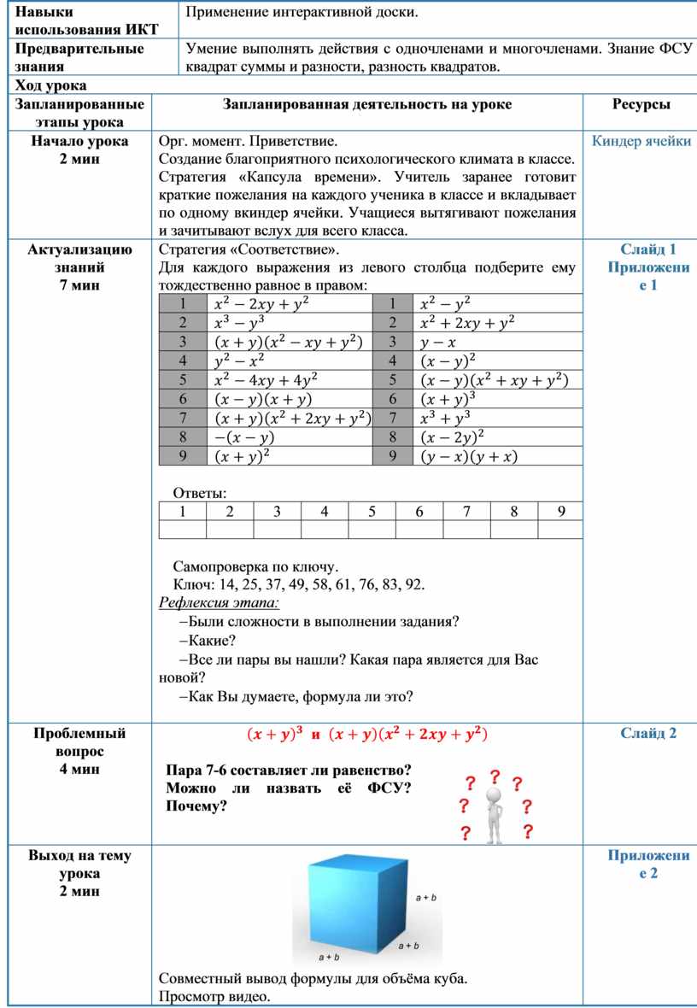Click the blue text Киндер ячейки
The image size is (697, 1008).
(641, 141)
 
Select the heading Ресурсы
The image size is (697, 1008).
(641, 104)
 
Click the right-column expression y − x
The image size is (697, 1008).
(437, 342)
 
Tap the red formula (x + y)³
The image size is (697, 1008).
(274, 733)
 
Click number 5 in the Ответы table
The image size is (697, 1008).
(372, 512)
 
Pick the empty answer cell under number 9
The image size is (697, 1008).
(560, 530)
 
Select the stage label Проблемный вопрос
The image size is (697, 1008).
(79, 742)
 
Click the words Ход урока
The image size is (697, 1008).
(51, 85)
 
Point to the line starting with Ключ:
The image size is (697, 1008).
(298, 585)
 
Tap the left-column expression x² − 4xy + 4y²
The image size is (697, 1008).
(255, 379)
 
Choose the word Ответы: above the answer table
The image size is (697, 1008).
(201, 493)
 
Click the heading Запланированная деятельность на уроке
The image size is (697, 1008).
(367, 104)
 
